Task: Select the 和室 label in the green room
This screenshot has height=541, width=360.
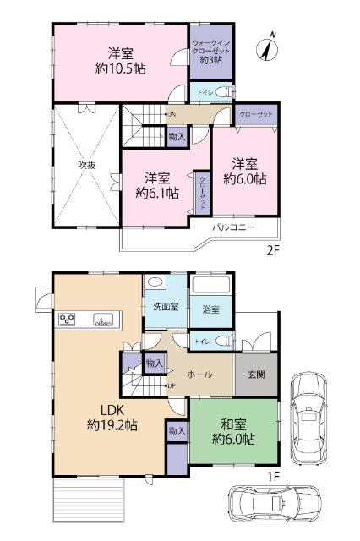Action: pos(232,424)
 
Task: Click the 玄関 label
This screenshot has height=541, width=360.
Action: pos(256,374)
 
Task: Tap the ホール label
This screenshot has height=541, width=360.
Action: pos(199,374)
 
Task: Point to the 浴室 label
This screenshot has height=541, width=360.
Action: pos(210,310)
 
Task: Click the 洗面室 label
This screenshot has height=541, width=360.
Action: pos(165,306)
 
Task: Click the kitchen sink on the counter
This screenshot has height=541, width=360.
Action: pos(106,320)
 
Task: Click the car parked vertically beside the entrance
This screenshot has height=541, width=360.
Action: pos(309,418)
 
